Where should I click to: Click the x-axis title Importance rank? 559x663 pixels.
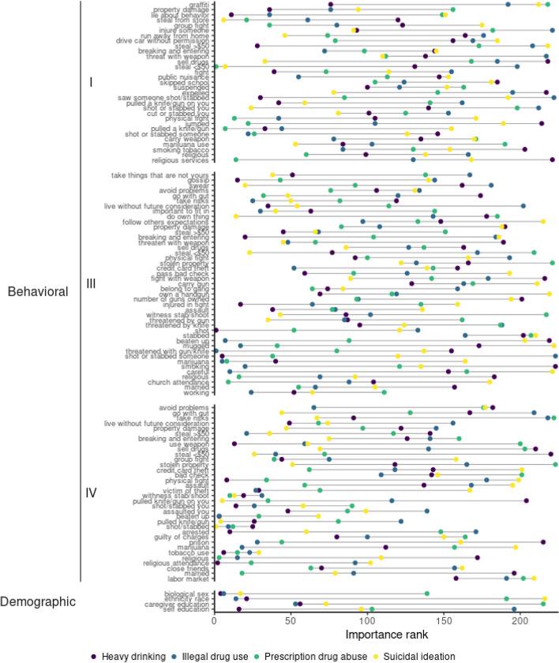click(x=386, y=634)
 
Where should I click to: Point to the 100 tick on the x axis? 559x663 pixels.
click(x=368, y=620)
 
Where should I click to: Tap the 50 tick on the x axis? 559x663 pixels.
click(x=291, y=620)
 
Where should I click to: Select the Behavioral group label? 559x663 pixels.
click(x=37, y=292)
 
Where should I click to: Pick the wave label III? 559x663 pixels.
click(x=90, y=283)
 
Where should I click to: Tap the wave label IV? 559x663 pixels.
click(x=91, y=493)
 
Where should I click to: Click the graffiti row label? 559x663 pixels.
click(x=198, y=5)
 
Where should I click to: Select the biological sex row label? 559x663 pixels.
click(x=187, y=594)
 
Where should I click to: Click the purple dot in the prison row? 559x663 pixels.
click(x=543, y=542)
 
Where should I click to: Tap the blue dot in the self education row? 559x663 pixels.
click(x=514, y=609)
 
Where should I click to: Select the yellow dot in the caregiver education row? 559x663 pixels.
click(x=325, y=604)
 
